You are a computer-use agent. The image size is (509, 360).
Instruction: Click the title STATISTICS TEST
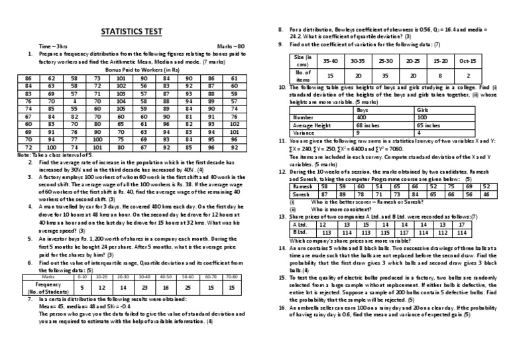[x=131, y=31]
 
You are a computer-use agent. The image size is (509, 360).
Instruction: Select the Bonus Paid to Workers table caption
[x=133, y=69]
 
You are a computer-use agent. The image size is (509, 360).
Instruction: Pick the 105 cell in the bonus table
[x=119, y=108]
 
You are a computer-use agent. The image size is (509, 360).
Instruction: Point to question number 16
[x=282, y=307]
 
